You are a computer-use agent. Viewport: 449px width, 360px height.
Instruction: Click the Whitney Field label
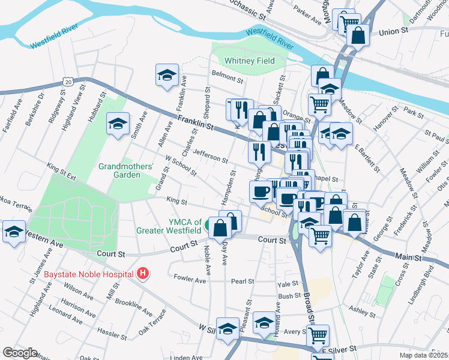tap(250, 61)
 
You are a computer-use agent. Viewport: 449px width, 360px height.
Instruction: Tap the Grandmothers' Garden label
tap(127, 170)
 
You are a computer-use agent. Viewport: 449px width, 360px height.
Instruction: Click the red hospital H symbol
tap(142, 274)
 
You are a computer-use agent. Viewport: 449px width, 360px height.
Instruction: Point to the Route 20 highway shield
tap(69, 81)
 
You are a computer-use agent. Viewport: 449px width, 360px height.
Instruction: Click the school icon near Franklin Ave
tap(167, 75)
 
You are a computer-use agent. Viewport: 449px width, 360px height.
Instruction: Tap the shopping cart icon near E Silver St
tap(318, 336)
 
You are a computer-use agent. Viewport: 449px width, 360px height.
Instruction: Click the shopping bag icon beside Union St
tap(358, 35)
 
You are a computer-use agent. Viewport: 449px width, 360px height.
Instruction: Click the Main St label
tap(408, 257)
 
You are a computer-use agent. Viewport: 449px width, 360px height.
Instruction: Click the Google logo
tap(20, 353)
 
